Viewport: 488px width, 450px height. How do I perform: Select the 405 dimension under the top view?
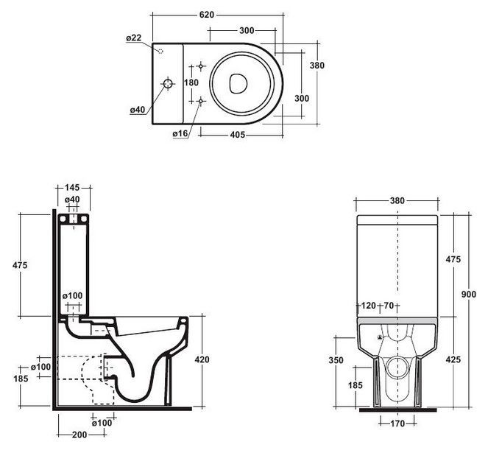[236, 135]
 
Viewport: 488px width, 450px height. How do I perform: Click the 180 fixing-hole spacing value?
[191, 83]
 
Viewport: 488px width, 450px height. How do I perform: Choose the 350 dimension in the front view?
[336, 360]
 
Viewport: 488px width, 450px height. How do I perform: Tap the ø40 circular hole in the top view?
[168, 84]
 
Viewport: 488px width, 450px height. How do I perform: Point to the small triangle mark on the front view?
[380, 337]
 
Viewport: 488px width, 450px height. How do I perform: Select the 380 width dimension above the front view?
[398, 200]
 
